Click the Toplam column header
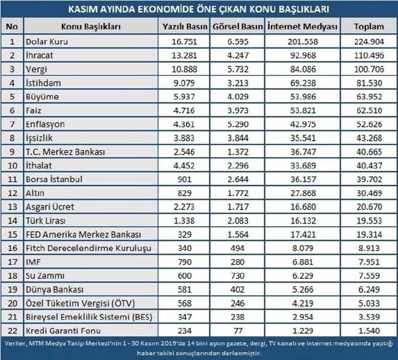(370, 28)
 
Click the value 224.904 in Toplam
(370, 42)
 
